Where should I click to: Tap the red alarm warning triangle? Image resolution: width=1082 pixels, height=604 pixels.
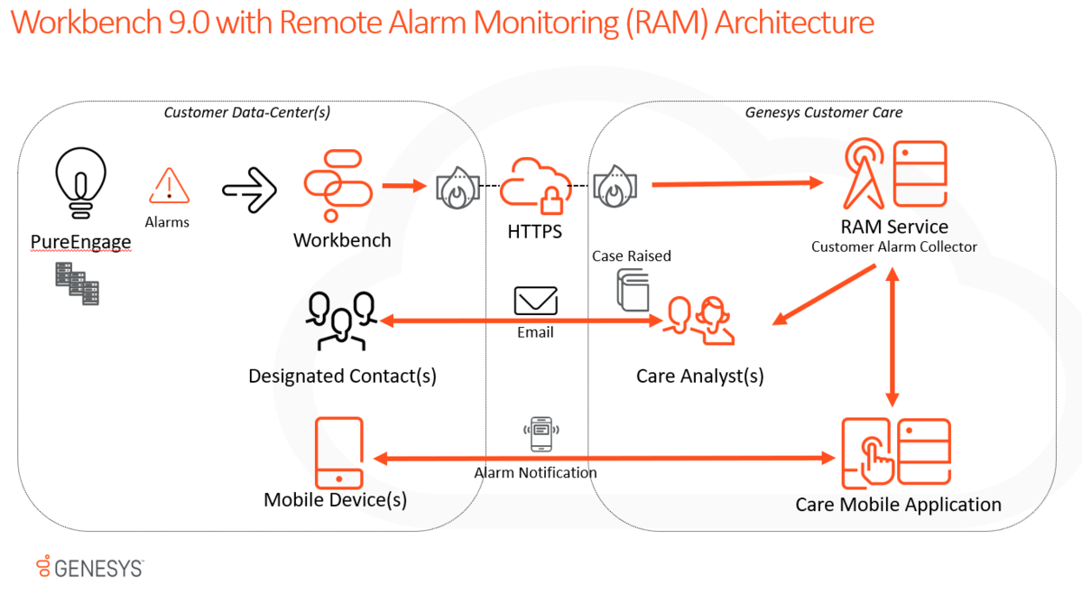tap(169, 186)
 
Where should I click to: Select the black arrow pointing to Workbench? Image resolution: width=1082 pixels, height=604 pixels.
tap(250, 190)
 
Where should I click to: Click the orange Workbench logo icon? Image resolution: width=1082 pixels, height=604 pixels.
tap(338, 185)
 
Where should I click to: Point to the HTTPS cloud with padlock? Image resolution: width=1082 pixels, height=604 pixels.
tap(536, 186)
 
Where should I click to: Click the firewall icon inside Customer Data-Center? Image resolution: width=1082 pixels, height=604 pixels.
tap(458, 187)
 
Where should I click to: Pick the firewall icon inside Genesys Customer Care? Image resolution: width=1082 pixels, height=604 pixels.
tap(615, 186)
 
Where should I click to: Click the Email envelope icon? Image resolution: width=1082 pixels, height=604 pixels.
tap(535, 301)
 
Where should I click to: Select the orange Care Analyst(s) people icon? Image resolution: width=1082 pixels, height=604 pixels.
tap(698, 321)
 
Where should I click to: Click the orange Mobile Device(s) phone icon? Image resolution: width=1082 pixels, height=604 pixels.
tap(338, 453)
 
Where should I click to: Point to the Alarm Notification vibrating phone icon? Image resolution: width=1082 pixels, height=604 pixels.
tap(541, 434)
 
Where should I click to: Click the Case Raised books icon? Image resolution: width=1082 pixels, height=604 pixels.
tap(633, 290)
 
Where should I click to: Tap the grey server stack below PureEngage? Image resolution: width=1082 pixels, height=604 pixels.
tap(78, 283)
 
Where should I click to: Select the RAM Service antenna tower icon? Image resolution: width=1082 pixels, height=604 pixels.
tap(864, 173)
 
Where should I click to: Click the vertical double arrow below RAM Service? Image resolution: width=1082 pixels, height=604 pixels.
tap(892, 337)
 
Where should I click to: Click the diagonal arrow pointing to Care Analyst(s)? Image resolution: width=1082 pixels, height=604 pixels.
tap(824, 294)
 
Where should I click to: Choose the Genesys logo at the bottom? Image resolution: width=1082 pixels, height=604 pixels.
tap(90, 567)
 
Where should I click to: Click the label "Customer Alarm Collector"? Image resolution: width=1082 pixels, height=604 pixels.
tap(893, 246)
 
